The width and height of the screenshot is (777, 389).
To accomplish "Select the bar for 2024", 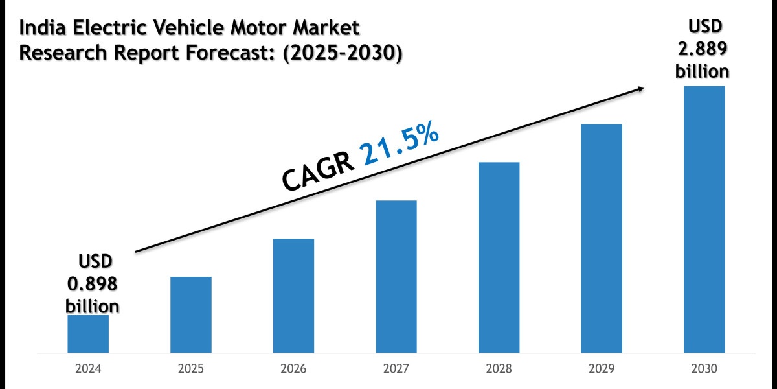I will pos(88,334).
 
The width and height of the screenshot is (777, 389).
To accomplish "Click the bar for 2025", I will pos(191,314).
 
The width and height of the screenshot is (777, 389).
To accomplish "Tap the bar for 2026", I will pos(293,296).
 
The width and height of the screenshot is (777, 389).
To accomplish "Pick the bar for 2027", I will pos(396,277).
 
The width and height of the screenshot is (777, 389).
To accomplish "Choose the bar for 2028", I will pos(499,257).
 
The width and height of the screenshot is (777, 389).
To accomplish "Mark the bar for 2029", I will pos(602,239).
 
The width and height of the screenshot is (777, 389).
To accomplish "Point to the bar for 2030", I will pos(704,219).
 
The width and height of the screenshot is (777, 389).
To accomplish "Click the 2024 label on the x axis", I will pos(88,370).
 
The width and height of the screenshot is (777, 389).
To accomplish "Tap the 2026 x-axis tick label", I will pos(293,370).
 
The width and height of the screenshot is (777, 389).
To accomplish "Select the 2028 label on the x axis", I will pos(499,370).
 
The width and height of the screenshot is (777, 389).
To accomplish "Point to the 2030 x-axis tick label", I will pos(704,370).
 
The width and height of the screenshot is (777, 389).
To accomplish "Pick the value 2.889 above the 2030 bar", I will pos(703,49).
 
